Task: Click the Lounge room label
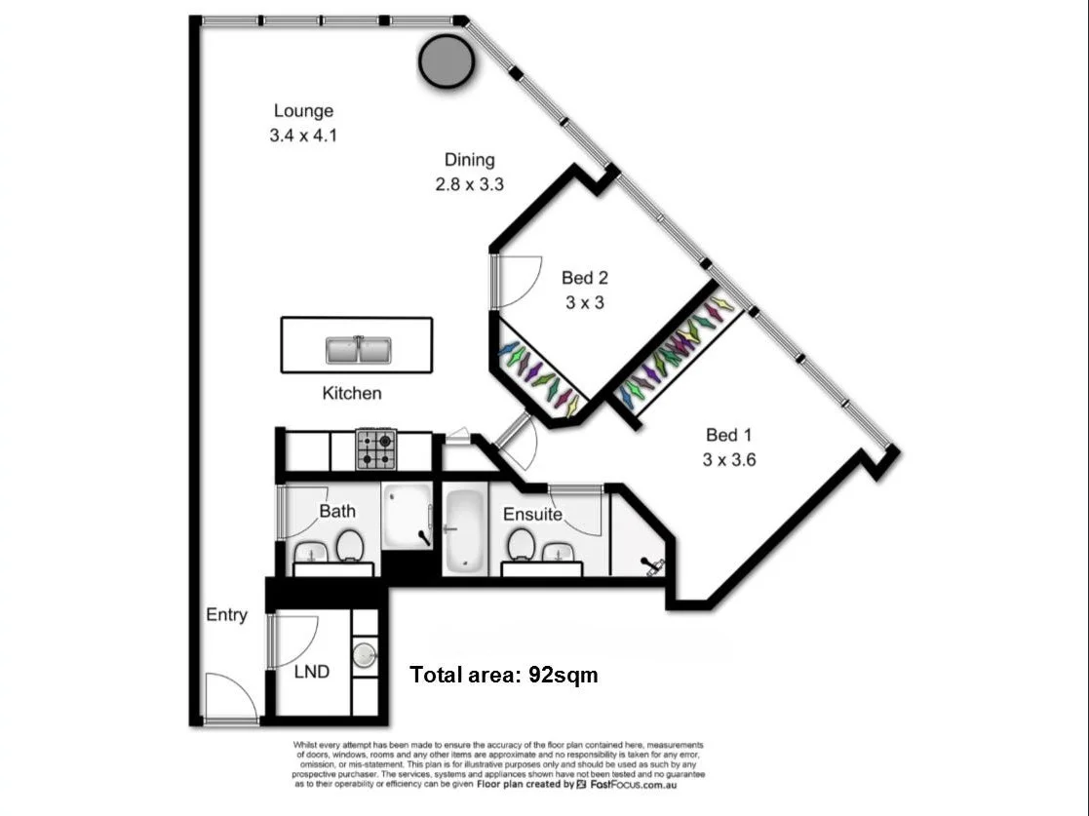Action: (x=303, y=111)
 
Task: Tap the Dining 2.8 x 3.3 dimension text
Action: (x=469, y=184)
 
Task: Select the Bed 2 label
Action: (x=585, y=278)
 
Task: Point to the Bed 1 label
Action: (x=729, y=435)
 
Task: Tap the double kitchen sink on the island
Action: (x=358, y=348)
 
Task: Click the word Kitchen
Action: (x=352, y=394)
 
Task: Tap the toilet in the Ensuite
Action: (x=521, y=544)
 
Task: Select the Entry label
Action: (x=226, y=615)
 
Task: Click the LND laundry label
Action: (x=312, y=672)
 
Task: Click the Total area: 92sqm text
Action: (x=503, y=674)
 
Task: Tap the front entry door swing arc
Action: (x=232, y=698)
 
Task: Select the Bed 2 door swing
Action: (x=519, y=280)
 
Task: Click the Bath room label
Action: (x=337, y=511)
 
